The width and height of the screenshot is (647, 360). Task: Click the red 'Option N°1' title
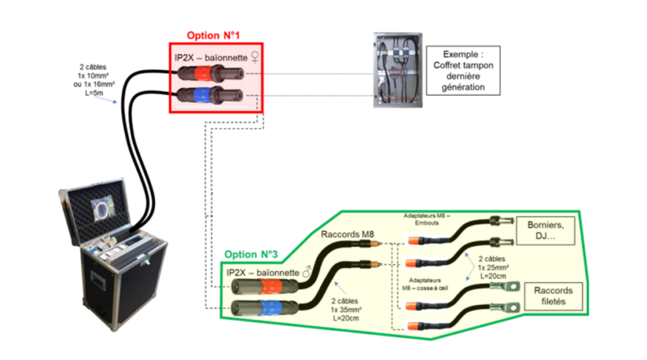click(x=213, y=35)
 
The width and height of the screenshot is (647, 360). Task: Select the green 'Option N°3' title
click(x=251, y=255)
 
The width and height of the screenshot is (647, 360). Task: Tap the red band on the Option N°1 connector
click(x=202, y=73)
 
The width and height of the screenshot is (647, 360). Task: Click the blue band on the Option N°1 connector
click(x=202, y=95)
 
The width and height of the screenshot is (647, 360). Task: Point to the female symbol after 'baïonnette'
click(x=255, y=57)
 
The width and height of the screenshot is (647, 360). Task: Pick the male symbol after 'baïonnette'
click(x=306, y=272)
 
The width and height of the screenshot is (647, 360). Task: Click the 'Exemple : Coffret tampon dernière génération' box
click(x=463, y=71)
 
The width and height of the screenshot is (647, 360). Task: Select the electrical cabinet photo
click(x=398, y=70)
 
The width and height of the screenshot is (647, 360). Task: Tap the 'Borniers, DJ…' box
click(x=545, y=231)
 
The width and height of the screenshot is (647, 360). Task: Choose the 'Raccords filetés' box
click(x=553, y=296)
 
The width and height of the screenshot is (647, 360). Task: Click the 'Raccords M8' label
click(x=348, y=234)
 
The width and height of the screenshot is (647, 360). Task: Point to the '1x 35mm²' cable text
click(x=346, y=309)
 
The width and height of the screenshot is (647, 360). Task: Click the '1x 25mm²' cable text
click(x=493, y=267)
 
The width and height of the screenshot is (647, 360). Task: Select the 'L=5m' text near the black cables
click(x=94, y=93)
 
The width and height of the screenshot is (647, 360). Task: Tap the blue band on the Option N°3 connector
click(x=271, y=308)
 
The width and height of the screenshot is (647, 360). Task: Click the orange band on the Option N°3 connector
click(x=271, y=285)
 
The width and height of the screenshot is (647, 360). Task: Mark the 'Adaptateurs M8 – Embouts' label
click(x=426, y=219)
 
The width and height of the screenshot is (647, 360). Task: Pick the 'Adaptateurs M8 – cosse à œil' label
click(x=425, y=284)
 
